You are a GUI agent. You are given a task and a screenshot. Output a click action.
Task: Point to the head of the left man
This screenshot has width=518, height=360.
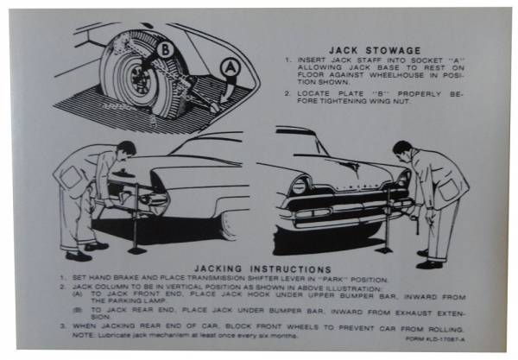125,149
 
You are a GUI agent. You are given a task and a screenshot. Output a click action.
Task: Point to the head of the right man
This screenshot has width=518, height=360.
403,148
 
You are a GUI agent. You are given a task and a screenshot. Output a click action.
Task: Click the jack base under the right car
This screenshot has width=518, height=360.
386,250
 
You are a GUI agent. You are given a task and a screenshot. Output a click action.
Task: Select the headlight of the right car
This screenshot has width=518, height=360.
300,185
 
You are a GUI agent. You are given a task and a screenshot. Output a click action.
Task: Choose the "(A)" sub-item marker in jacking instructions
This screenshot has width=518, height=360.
79,295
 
